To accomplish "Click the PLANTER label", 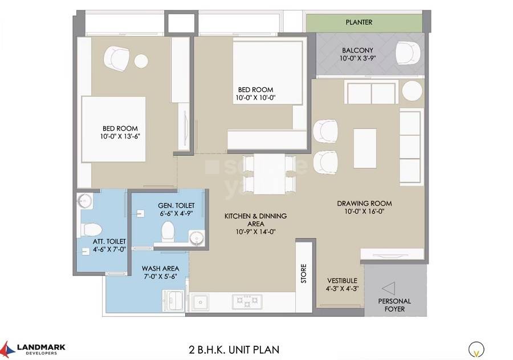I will pyautogui.click(x=359, y=22).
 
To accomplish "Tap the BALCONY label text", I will pyautogui.click(x=358, y=50).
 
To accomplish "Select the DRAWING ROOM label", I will pyautogui.click(x=364, y=204).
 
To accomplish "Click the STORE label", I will pyautogui.click(x=304, y=273).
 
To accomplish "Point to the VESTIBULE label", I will pyautogui.click(x=342, y=281).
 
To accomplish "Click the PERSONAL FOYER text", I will pyautogui.click(x=394, y=305).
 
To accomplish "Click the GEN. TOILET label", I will pyautogui.click(x=176, y=205).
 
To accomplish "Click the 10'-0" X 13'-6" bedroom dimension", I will pyautogui.click(x=120, y=136).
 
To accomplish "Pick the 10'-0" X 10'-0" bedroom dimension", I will pyautogui.click(x=255, y=98).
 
